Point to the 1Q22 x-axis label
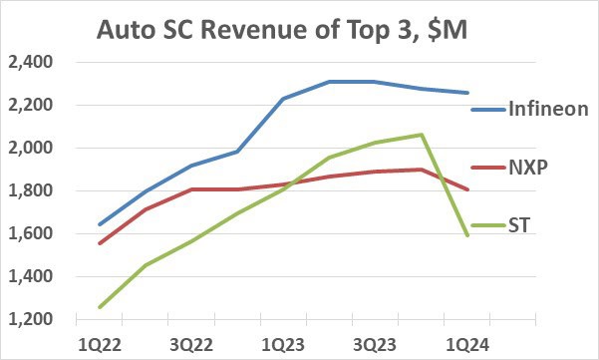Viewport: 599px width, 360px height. point(100,343)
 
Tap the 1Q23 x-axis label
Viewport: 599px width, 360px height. point(283,343)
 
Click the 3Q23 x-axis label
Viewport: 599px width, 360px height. point(375,343)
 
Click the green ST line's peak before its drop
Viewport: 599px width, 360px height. point(422,135)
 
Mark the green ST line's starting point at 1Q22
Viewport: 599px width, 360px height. point(100,307)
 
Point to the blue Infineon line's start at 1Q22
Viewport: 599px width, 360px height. point(100,224)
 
